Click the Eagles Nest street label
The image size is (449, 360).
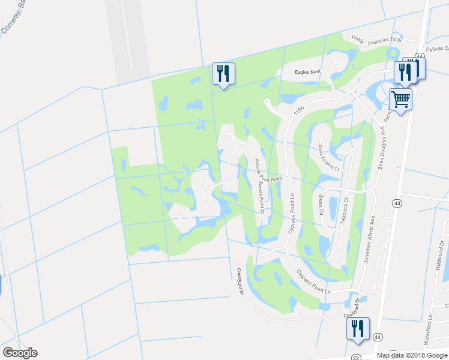(308, 72)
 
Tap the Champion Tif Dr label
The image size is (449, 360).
(388, 40)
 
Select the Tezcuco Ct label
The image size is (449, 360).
(345, 209)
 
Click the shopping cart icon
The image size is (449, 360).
(400, 100)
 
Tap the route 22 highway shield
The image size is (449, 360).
(356, 356)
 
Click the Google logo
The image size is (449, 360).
(20, 353)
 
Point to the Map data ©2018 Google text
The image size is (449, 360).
(411, 355)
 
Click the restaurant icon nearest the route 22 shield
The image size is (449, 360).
(358, 329)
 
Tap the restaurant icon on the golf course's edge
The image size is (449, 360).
(223, 74)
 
